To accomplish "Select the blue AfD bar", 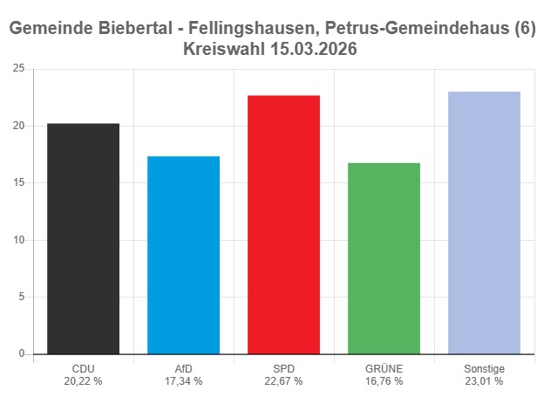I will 183,255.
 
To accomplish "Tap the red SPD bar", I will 283,224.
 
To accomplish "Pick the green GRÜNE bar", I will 384,258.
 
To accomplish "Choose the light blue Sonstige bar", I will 484,222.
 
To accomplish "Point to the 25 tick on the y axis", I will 18,69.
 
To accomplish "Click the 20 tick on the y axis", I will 18,126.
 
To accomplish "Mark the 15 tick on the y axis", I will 18,183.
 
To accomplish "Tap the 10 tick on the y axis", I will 18,240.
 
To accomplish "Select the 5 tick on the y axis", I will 21,297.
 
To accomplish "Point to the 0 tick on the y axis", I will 21,354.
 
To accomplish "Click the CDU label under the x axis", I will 83,369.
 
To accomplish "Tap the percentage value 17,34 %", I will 183,381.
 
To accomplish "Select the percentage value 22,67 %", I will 283,381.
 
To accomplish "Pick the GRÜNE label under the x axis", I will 384,369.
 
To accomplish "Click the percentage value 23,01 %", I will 484,381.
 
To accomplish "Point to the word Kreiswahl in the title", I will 225,50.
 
